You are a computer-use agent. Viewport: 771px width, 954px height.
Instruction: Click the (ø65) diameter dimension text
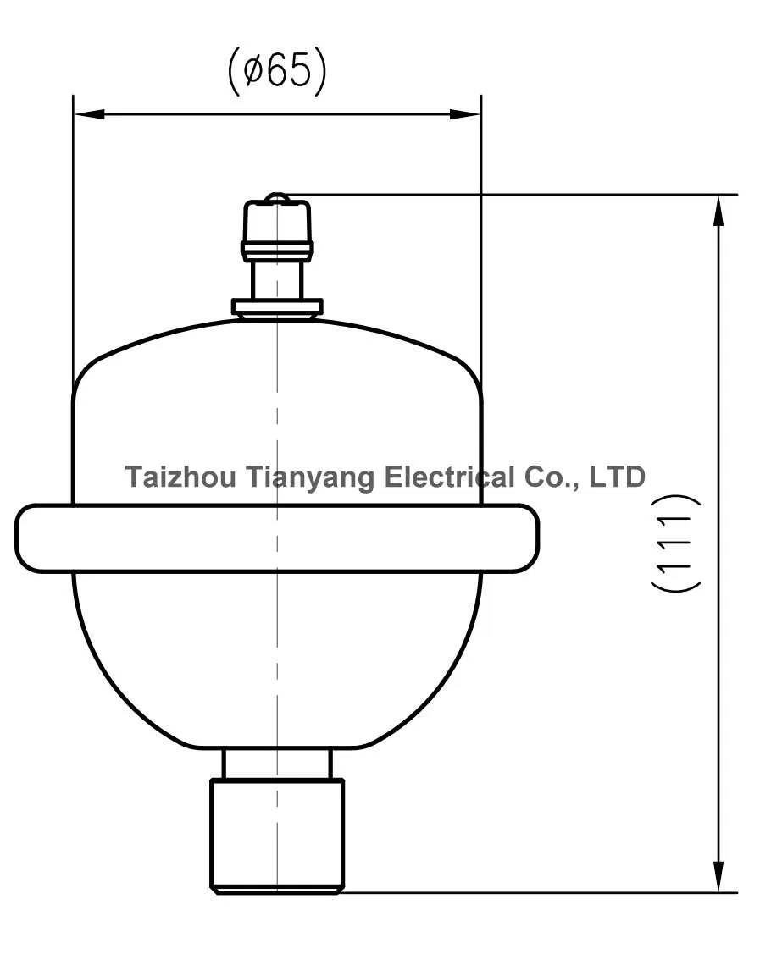(x=277, y=71)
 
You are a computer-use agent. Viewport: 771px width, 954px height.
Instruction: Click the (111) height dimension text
(x=676, y=543)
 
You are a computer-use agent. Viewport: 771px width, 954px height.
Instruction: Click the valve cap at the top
(x=277, y=222)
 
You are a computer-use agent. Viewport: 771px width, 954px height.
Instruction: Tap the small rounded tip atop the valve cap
(x=277, y=198)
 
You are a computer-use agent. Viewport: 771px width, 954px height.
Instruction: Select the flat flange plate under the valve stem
(x=277, y=306)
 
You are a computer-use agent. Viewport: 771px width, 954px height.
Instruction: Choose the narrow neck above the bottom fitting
(x=277, y=764)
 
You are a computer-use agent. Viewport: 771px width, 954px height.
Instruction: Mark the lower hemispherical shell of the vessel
(x=277, y=660)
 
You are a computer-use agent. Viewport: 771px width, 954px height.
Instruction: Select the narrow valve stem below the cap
(x=277, y=278)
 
